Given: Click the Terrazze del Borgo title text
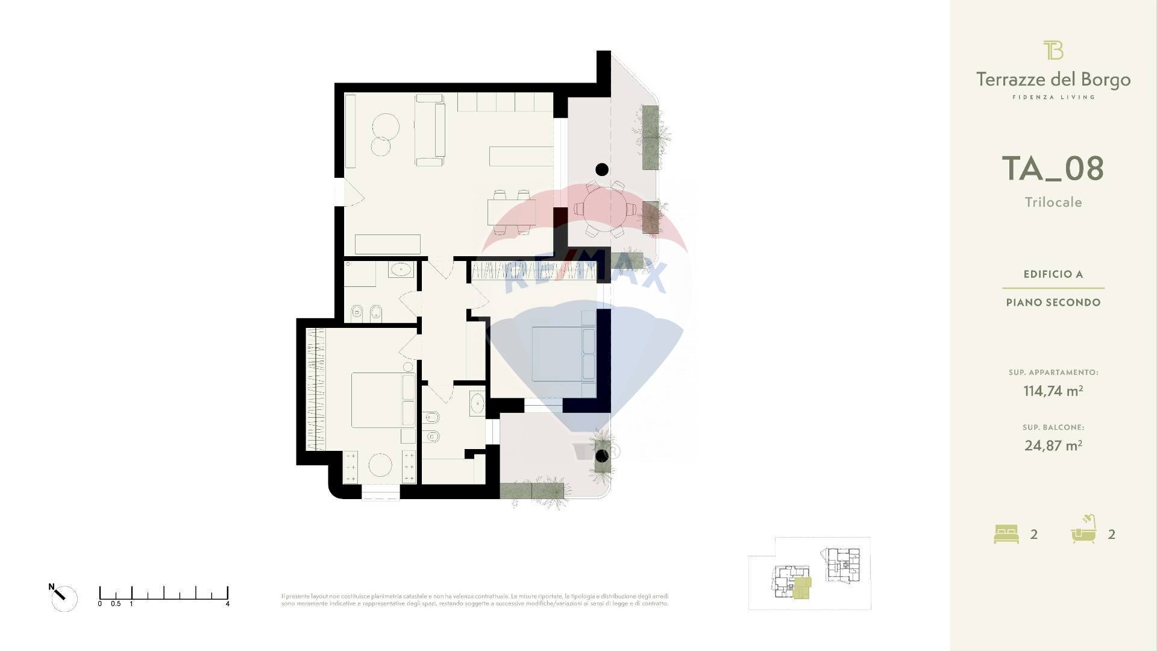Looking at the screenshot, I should coord(1053,80).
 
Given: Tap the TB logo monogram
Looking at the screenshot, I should coord(1053,50).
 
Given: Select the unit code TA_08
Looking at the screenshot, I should coord(1053,168).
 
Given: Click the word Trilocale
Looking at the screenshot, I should coord(1053,203).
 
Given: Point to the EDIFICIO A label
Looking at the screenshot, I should coord(1053,274).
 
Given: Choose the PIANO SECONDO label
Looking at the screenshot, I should coord(1053,303).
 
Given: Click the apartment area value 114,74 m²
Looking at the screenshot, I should coord(1053,391).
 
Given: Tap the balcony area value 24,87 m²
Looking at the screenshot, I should coord(1053,445).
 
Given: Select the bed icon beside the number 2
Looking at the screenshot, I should coord(1006,534).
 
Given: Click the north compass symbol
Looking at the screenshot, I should coord(63,598).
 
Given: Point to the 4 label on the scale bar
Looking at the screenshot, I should coord(227,603).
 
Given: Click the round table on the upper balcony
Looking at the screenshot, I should coord(604,209).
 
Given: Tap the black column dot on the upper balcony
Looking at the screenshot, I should coord(601,169).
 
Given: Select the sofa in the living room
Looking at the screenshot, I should coord(430,130).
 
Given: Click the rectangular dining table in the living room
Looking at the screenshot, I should coord(511,212).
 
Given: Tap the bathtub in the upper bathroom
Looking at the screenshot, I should coord(401,269).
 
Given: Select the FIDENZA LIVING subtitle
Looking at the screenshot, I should coord(1053,97).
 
